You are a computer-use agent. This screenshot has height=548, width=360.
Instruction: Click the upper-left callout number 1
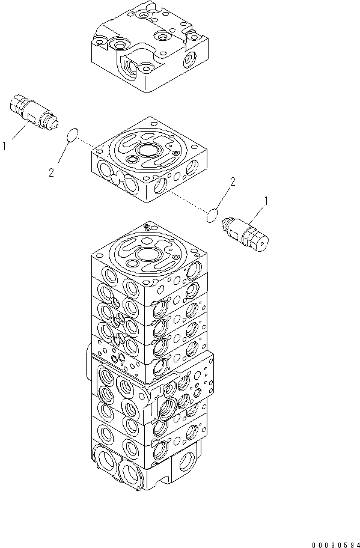(5, 145)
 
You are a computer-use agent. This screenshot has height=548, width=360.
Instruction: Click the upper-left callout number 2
(51, 172)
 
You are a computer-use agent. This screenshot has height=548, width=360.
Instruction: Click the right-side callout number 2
(232, 181)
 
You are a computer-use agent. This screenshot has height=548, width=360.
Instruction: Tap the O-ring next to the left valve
(72, 135)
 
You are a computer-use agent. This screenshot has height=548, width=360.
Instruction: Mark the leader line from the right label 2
(221, 196)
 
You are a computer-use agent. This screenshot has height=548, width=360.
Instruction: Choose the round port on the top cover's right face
(189, 59)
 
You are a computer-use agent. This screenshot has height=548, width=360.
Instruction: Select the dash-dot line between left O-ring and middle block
(87, 144)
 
